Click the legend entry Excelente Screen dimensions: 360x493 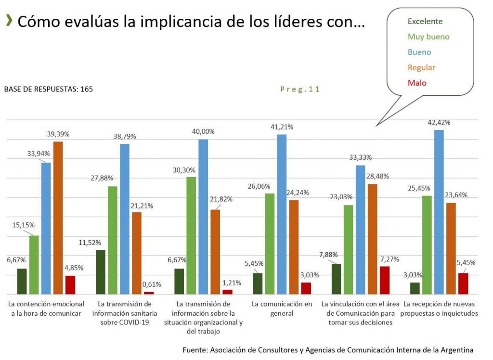tap(425, 21)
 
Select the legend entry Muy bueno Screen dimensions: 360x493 tap(428, 37)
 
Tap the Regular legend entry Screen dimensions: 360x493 tap(421, 67)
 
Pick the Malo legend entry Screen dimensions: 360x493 tap(417, 83)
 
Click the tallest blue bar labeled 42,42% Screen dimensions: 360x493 tap(439, 212)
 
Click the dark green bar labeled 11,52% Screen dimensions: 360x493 tap(101, 272)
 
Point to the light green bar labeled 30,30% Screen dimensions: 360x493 tap(191, 235)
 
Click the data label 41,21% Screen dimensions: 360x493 tap(282, 127)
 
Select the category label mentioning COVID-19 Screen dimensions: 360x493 tap(125, 313)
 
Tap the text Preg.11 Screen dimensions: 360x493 tap(300, 89)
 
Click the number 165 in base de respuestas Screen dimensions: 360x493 tap(87, 89)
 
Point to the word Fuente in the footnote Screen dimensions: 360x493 tap(195, 350)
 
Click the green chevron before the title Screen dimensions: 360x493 tap(9, 21)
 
